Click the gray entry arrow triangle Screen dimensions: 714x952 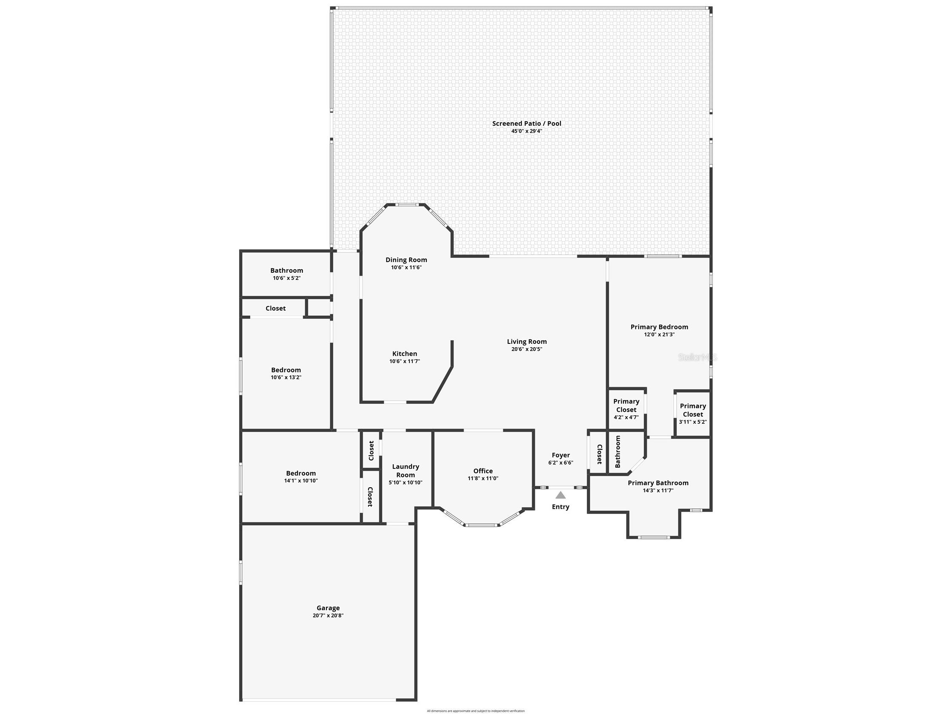[560, 495]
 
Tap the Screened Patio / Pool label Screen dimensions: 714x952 [526, 123]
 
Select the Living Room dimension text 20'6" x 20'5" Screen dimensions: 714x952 [526, 349]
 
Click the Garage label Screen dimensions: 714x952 [328, 608]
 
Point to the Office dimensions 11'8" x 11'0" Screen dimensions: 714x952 [483, 478]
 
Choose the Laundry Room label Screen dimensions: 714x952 [406, 471]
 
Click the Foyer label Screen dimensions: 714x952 [560, 455]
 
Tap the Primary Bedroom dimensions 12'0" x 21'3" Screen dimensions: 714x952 [659, 334]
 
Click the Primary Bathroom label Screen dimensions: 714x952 [658, 483]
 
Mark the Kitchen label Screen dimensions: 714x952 [405, 354]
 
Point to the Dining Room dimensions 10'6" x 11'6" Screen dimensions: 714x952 [406, 267]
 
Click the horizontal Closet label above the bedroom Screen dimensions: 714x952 [275, 308]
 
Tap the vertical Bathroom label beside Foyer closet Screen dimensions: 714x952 [618, 451]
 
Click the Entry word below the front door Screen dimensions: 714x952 [560, 506]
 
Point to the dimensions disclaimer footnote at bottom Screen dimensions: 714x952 [475, 711]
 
